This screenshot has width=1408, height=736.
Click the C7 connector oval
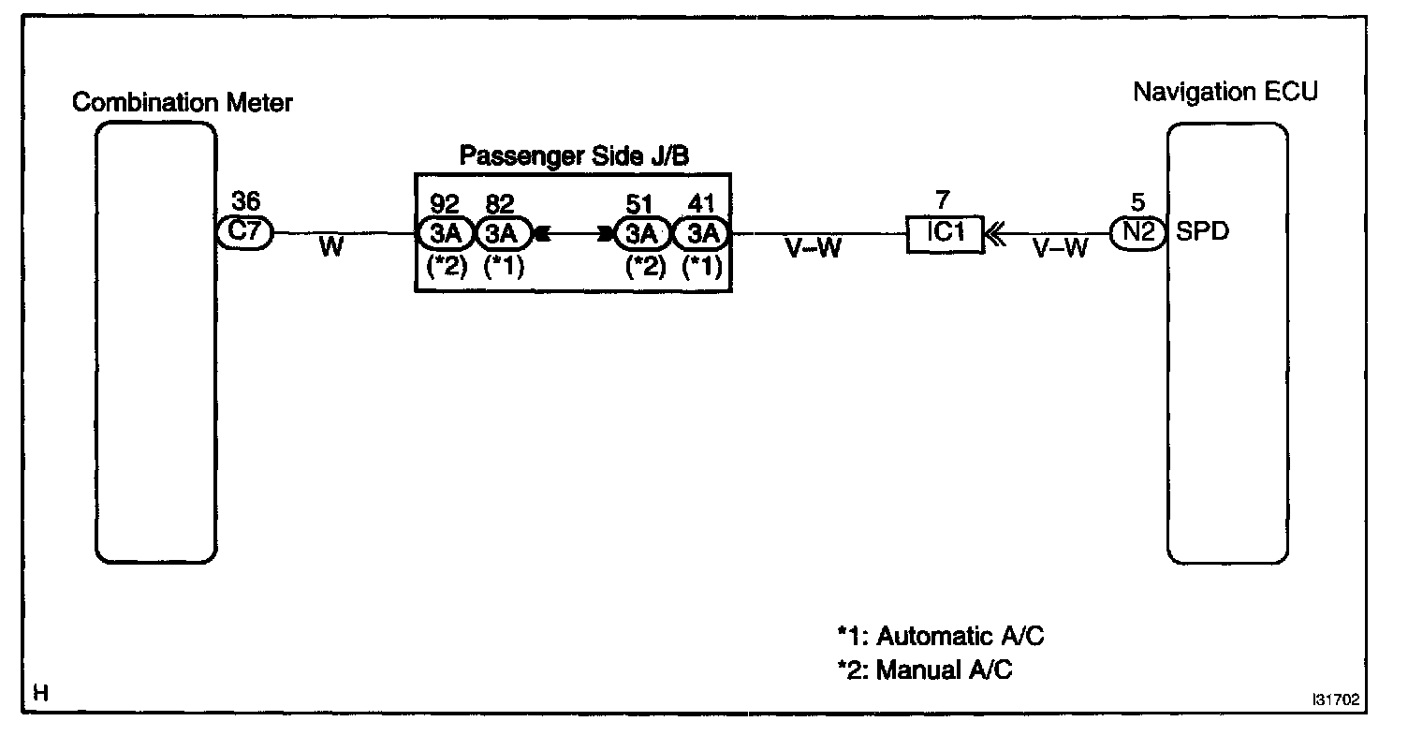[x=244, y=232]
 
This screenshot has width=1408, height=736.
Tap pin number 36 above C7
[x=247, y=202]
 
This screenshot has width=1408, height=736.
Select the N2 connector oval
[x=1138, y=232]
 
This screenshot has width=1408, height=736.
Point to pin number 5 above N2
[x=1137, y=202]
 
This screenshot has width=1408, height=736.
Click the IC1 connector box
[x=945, y=233]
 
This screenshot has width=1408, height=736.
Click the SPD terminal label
[x=1202, y=233]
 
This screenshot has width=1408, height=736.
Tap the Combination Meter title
[x=183, y=103]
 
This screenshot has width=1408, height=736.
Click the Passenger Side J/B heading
[x=575, y=156]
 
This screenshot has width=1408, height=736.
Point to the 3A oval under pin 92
[x=446, y=232]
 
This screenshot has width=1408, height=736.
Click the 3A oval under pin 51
[x=641, y=232]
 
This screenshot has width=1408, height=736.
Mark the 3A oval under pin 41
[x=701, y=232]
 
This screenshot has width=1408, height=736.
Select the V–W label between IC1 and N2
[x=1060, y=250]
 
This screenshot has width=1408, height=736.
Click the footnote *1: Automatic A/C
[x=940, y=637]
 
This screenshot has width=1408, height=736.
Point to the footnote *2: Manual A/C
[x=925, y=670]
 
